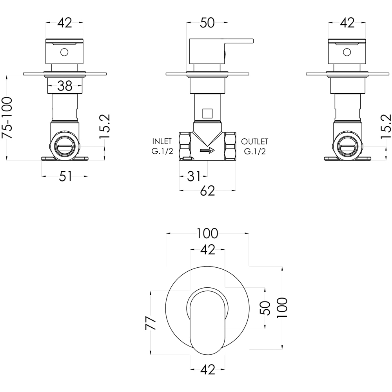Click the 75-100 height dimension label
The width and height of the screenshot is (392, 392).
[7, 118]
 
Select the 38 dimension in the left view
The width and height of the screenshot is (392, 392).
[65, 86]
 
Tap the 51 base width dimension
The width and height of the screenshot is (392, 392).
[65, 176]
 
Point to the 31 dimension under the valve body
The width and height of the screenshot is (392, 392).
[194, 176]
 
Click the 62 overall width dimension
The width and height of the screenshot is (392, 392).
[207, 191]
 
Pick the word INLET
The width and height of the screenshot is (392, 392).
[162, 142]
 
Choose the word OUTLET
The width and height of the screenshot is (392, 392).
[254, 142]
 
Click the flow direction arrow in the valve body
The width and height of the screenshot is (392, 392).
[207, 151]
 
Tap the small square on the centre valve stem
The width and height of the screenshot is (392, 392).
[207, 114]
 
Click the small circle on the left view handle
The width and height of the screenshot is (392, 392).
[64, 53]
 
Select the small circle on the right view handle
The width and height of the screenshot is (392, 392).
[347, 53]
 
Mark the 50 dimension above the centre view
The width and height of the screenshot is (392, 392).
[207, 23]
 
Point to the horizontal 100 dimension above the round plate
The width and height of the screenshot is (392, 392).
[207, 234]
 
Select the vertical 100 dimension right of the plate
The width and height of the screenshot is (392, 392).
[282, 307]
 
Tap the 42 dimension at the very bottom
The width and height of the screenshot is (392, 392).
[207, 370]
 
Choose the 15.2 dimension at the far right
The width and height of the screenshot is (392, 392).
[386, 126]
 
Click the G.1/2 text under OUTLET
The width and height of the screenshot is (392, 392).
[255, 151]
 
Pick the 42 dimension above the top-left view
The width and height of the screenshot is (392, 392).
[65, 23]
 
